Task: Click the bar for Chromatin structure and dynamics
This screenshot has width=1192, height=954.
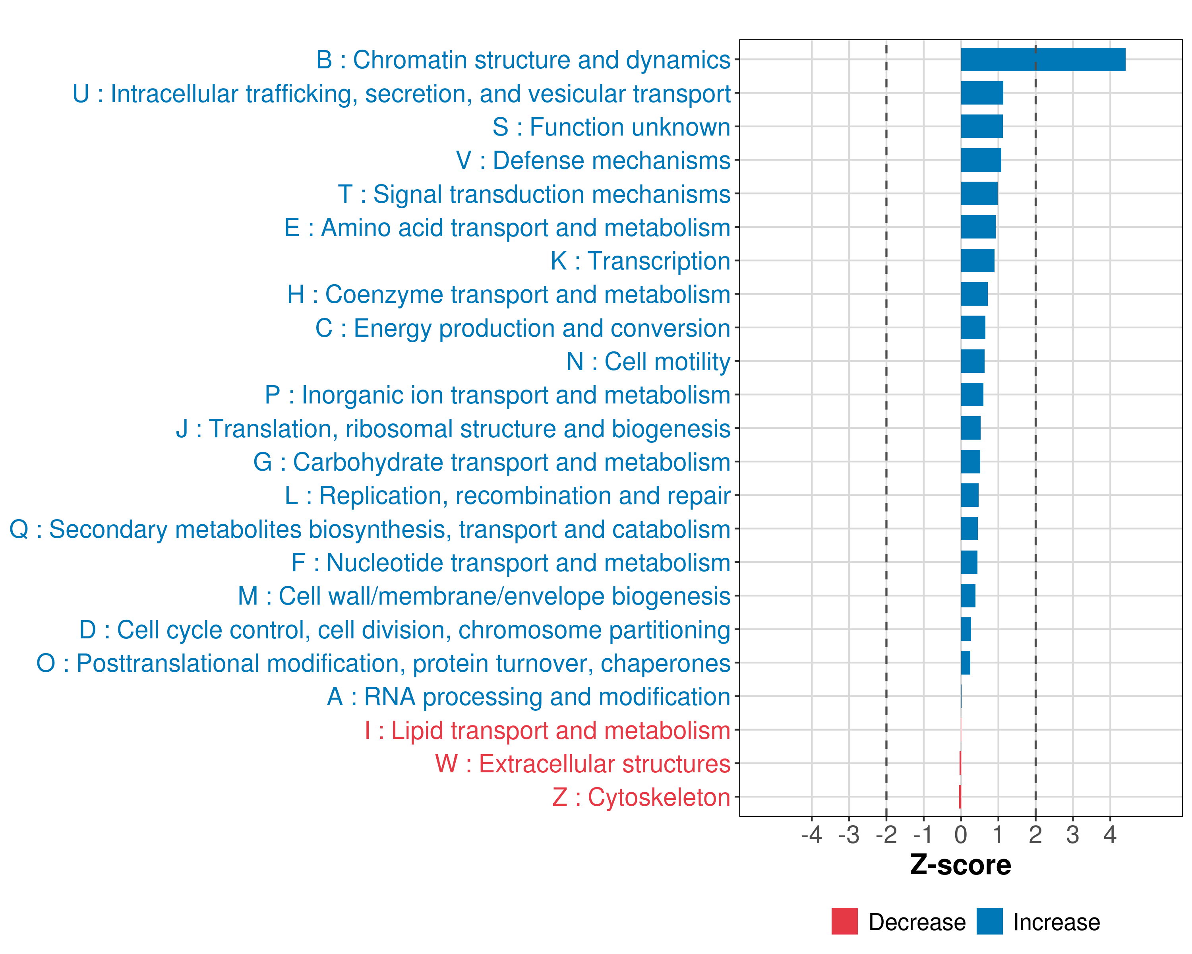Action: (1043, 60)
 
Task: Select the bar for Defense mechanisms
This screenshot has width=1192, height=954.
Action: (981, 160)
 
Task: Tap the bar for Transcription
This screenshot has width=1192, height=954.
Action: (977, 260)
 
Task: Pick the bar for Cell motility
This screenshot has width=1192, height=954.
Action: (973, 361)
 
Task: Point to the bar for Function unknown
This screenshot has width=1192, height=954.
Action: (981, 127)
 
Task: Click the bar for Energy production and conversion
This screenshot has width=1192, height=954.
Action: (973, 328)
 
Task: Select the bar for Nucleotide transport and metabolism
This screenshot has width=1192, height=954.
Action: (969, 562)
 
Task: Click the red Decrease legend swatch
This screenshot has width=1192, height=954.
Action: (844, 921)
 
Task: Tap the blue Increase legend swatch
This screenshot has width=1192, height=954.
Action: (989, 921)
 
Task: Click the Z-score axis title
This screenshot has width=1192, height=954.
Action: (960, 865)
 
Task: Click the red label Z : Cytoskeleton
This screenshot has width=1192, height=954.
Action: (641, 797)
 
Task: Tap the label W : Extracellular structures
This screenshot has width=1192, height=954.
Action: (583, 764)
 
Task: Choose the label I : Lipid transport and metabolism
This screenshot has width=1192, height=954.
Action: (548, 731)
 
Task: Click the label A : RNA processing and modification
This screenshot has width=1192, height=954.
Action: (528, 697)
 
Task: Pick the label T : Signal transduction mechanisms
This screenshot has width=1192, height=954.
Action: (534, 194)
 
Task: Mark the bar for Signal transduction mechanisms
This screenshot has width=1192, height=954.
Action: (979, 194)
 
